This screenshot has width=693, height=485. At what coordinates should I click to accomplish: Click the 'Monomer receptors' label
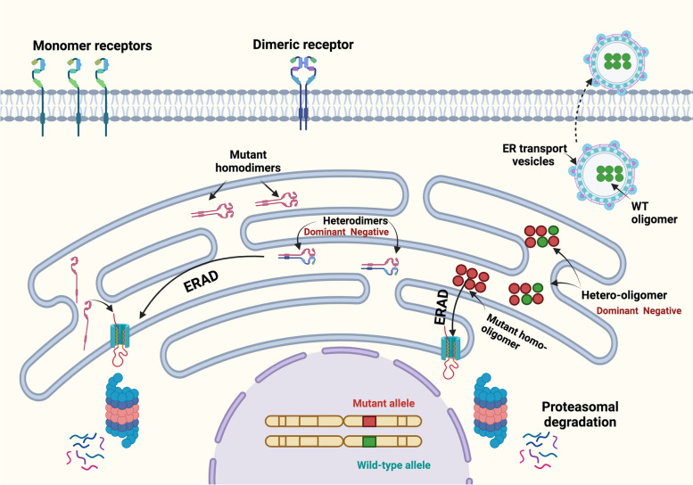pyautogui.click(x=86, y=45)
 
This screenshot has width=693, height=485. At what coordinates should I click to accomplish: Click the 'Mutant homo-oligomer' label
pyautogui.click(x=509, y=323)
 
